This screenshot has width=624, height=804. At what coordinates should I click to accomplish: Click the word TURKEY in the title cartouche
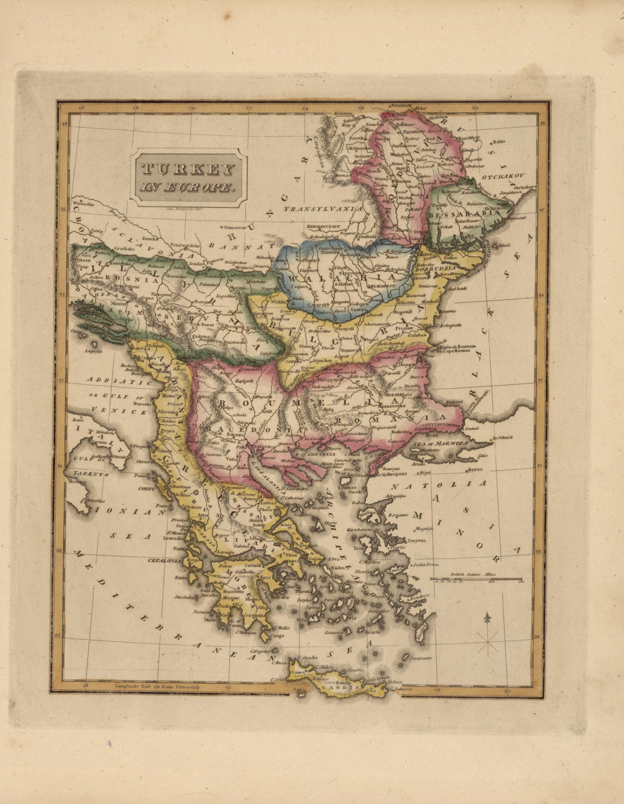(187, 169)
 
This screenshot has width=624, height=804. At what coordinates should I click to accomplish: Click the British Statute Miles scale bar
(477, 579)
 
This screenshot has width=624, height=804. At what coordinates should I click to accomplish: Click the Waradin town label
(83, 203)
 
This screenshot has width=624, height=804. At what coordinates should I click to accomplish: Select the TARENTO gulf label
(87, 473)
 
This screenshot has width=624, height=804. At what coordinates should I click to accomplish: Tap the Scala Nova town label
(427, 564)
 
